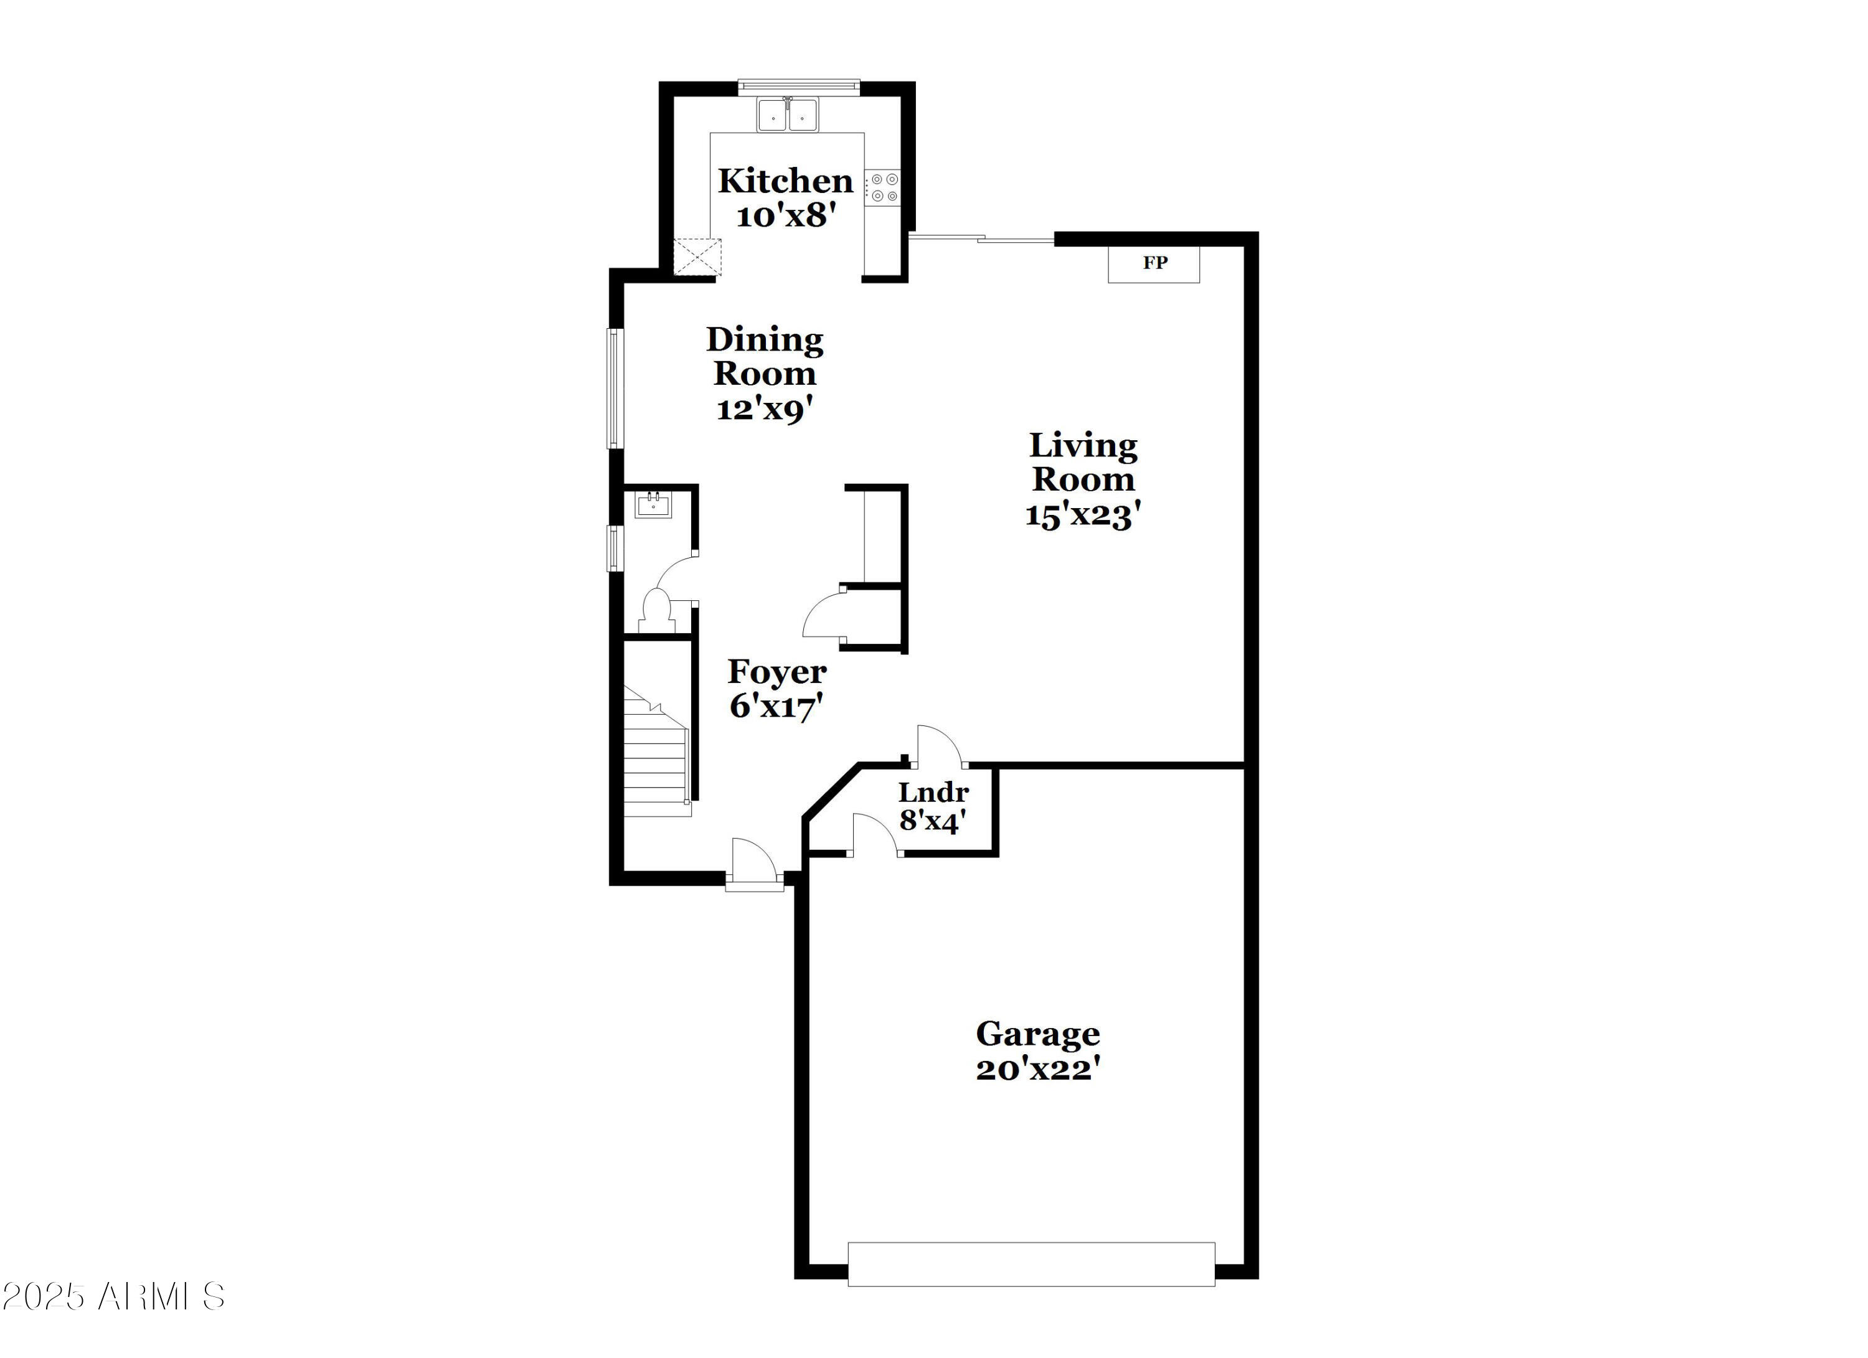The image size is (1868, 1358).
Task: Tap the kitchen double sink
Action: (788, 115)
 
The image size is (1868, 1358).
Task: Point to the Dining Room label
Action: (765, 356)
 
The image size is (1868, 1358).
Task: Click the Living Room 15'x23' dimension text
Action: (1082, 516)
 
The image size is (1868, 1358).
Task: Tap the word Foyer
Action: (776, 672)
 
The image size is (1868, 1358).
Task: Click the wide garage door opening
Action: (1031, 1264)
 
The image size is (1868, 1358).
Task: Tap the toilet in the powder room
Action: (656, 610)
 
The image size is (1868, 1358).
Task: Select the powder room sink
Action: (653, 503)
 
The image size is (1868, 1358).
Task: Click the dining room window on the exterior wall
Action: (615, 388)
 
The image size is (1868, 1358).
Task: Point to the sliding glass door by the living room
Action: (980, 239)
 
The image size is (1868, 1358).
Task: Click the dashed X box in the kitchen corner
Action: (697, 256)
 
